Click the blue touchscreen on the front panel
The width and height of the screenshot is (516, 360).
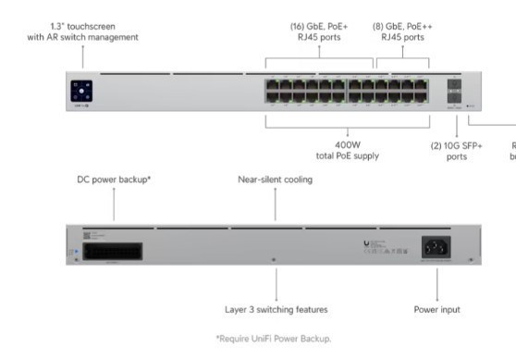coord(81,91)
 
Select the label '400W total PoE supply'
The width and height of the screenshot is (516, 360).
coord(347,150)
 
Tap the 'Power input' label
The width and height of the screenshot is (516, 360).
coord(436,309)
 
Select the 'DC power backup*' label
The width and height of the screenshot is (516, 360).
coord(114,180)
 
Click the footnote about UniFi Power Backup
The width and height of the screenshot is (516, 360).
coord(273,338)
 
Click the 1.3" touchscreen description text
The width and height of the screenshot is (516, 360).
coord(83,32)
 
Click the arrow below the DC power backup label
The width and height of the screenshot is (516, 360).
coord(114,204)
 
